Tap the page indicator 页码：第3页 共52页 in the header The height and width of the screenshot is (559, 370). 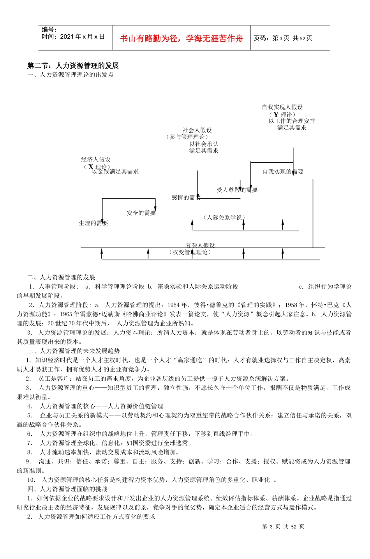283,38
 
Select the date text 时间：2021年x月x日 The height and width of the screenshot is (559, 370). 73,37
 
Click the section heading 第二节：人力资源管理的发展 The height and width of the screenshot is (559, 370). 73,66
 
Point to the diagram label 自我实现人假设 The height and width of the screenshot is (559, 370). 282,107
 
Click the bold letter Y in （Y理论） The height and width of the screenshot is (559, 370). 276,114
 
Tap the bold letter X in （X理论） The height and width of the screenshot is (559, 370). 91,167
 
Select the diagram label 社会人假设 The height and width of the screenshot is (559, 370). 197,130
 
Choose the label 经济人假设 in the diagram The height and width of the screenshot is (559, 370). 96,159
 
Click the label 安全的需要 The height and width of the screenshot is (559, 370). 141,213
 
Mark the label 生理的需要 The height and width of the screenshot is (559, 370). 93,223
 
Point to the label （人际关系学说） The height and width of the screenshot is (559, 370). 224,217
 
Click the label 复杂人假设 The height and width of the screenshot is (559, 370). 200,245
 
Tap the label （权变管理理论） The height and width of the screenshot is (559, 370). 190,252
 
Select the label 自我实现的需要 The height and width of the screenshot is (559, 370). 283,172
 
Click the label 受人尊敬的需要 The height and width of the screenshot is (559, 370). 237,190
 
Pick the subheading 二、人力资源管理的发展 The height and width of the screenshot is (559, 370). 61,277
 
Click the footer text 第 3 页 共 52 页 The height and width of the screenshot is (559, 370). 283,526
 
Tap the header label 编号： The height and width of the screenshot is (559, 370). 49,30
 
